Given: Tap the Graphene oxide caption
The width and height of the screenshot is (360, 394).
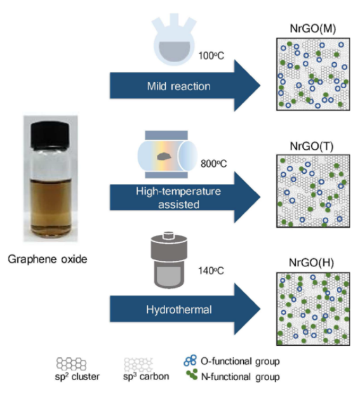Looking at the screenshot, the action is coord(48,259).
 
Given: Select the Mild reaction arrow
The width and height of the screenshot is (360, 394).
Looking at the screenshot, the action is coord(185,86).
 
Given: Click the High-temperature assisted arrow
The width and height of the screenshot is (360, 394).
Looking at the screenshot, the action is coord(185,197).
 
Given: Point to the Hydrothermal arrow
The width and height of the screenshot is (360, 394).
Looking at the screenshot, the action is coord(185,309).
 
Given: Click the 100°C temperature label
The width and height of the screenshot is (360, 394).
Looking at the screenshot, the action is coord(211,56).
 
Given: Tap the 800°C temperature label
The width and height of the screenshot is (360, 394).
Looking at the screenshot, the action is coord(214,164).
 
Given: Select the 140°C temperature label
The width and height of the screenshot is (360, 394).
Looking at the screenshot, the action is coord(211,271).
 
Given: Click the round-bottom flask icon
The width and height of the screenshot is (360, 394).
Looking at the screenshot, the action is coord(174,40).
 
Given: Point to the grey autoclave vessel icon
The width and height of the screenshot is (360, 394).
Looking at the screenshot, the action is coord(169,260).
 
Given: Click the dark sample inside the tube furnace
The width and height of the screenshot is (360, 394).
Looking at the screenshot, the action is coord(164,156).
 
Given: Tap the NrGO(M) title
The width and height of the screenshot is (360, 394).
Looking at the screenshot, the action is coord(313,29).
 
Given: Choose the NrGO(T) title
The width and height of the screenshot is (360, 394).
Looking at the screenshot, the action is coord(312,146).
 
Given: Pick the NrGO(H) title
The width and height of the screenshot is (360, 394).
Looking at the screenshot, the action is coord(312,263).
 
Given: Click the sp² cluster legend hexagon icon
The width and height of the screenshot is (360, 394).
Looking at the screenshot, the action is coord(71,364).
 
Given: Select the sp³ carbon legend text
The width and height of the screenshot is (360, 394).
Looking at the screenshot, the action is coord(146,376).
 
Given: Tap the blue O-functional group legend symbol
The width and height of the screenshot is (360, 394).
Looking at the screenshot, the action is coord(190,360).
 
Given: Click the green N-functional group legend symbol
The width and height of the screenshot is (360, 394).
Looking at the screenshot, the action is coord(192,374).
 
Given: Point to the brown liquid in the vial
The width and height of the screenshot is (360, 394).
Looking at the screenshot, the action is coord(51,207).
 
